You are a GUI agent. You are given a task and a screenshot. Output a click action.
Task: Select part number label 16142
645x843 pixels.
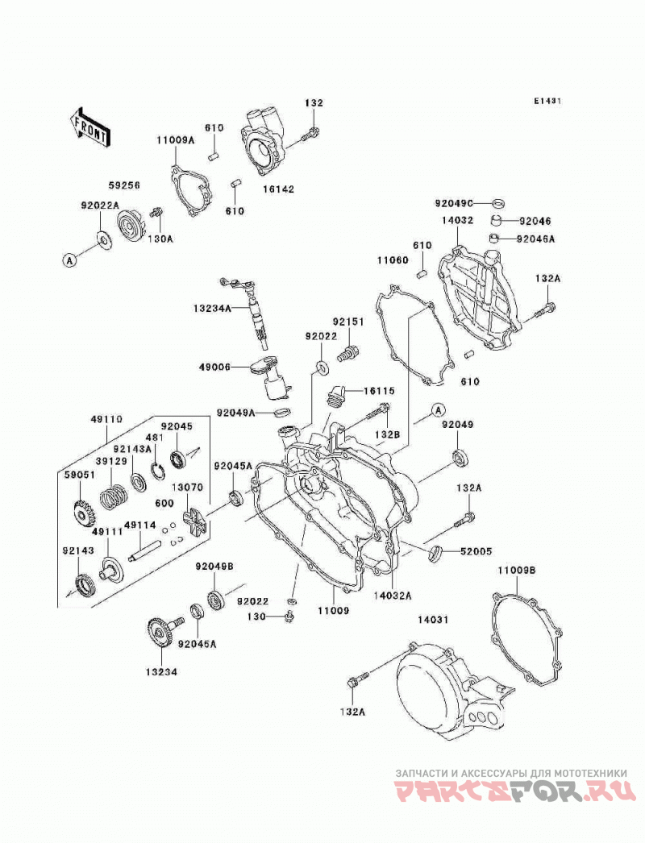[x=279, y=189]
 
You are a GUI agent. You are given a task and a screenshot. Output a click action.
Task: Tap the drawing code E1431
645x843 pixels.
[x=547, y=101]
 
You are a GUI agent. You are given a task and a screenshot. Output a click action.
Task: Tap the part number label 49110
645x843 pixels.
[x=106, y=419]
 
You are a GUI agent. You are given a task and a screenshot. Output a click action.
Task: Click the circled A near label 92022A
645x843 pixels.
[x=69, y=261]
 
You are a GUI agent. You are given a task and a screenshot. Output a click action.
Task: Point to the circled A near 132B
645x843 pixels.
[x=439, y=411]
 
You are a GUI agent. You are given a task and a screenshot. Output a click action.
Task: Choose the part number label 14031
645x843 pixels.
[x=432, y=619]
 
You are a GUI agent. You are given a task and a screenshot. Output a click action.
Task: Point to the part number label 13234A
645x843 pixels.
[x=213, y=309]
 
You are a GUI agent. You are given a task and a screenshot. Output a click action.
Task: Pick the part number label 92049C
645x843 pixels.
[x=455, y=202]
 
